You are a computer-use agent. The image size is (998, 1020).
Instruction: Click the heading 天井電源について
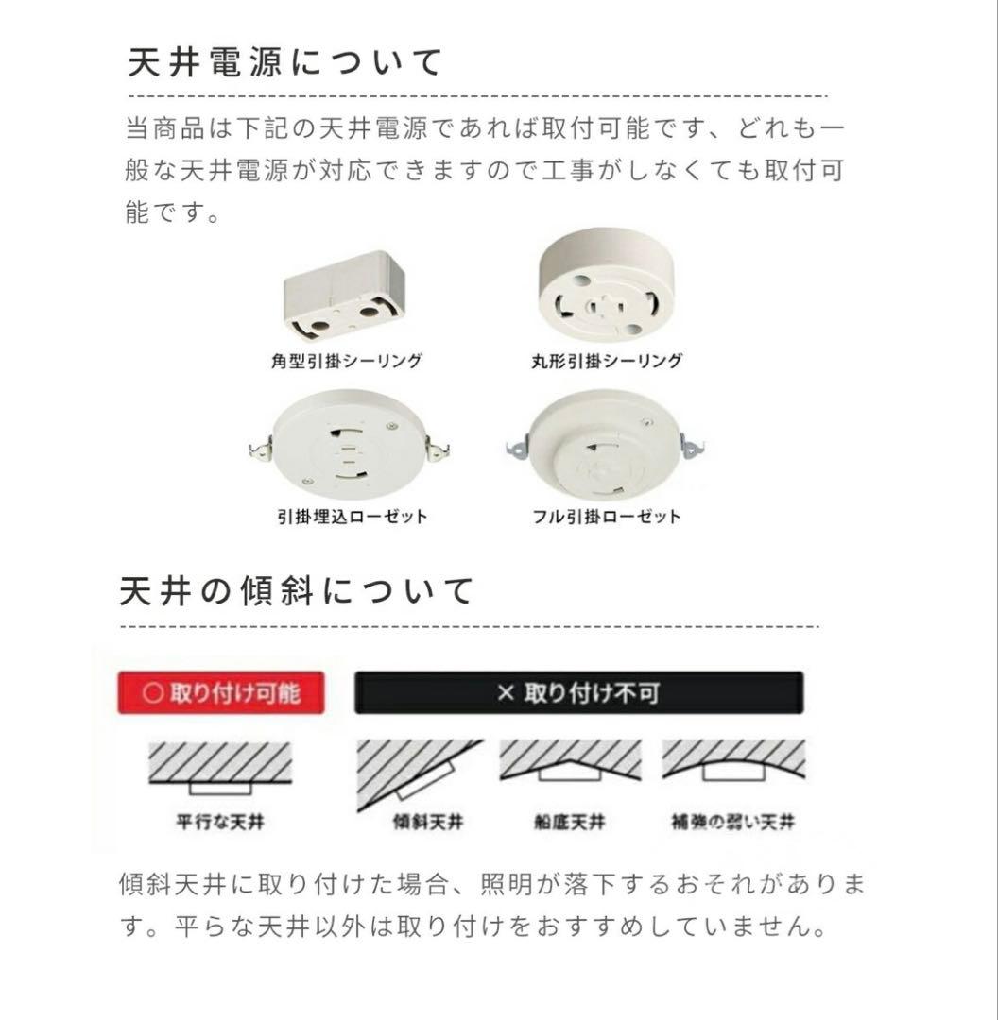284,62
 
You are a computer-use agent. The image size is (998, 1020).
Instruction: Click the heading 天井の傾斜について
298,592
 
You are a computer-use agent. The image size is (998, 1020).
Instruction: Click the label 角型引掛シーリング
345,361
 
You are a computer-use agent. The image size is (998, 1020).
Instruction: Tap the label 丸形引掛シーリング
606,361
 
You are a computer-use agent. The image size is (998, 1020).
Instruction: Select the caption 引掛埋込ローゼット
352,517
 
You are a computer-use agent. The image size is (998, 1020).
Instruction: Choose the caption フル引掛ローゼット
606,517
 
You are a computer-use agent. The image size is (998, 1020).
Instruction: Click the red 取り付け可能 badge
221,693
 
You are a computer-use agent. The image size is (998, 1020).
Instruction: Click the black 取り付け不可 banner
578,693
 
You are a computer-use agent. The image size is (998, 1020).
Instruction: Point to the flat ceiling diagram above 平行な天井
220,768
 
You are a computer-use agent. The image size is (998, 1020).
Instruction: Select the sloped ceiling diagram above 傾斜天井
419,773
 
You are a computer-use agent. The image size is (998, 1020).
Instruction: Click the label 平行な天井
220,823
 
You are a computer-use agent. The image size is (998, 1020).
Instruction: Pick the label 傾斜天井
427,823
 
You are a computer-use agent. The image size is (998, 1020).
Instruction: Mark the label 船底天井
569,823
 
